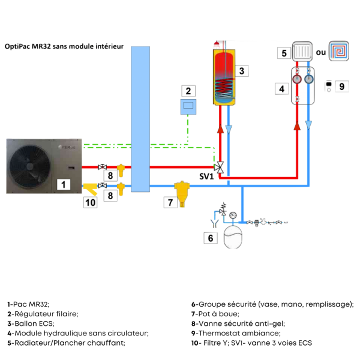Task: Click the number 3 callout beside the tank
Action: [x=241, y=71]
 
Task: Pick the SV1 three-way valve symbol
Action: [x=221, y=167]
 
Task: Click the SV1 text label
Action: [x=207, y=178]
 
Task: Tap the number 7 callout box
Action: [x=170, y=202]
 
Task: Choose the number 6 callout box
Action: [x=210, y=238]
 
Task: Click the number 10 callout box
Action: [x=90, y=203]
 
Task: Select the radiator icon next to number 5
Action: [x=302, y=52]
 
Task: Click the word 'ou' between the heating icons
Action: [x=320, y=53]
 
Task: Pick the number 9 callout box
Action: [x=341, y=86]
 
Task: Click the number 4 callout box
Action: [x=280, y=89]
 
